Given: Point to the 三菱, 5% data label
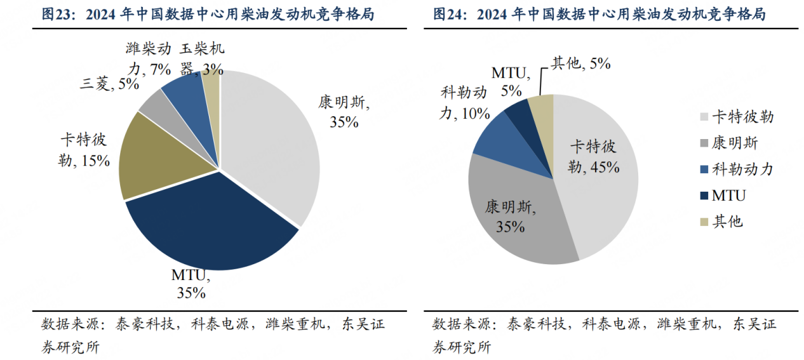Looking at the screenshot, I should pos(110,83).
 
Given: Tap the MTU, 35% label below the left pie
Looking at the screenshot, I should pos(191,284).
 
